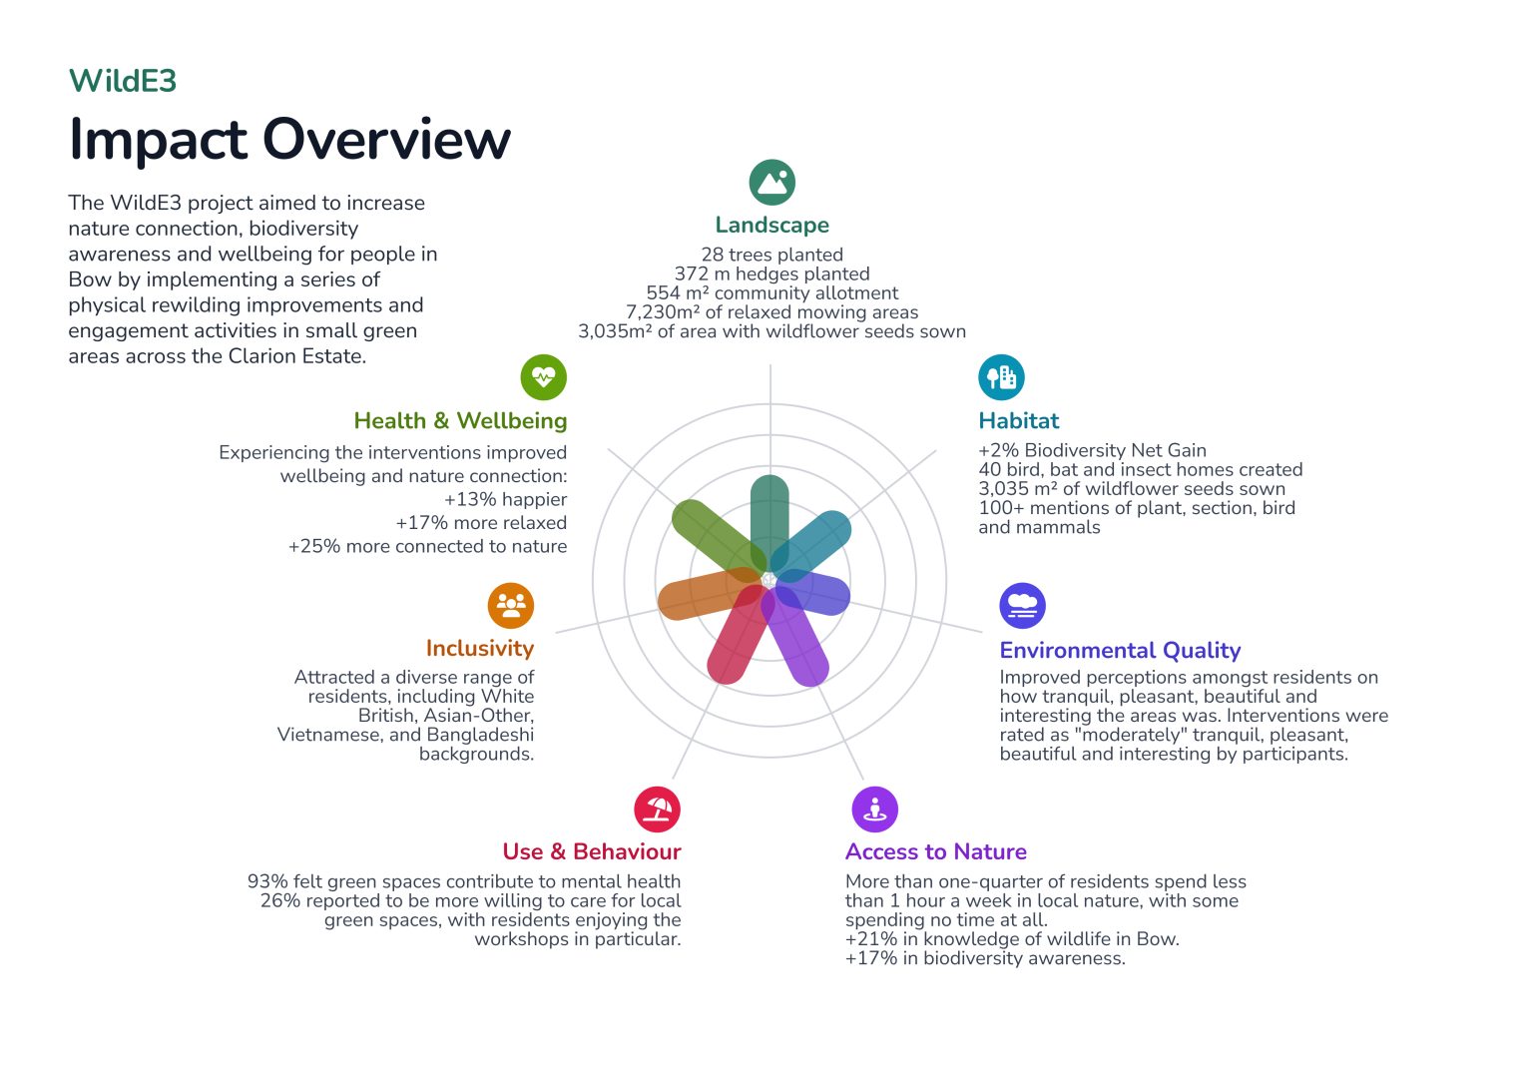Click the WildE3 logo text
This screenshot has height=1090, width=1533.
pos(122,81)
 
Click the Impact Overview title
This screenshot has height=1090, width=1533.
pos(289,139)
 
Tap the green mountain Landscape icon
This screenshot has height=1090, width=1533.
pos(771,183)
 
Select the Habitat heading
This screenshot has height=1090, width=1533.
pos(1018,421)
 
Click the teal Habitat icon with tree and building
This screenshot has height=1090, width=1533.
pos(1001,377)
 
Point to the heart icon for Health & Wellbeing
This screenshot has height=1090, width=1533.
pos(543,377)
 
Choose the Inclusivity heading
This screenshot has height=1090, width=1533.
pos(479,649)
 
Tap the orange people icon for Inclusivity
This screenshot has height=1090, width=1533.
pos(511,605)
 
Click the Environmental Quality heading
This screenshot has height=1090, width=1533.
pos(1120,651)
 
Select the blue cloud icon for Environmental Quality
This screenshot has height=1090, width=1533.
pos(1022,606)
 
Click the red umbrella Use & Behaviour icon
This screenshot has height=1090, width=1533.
pos(657,809)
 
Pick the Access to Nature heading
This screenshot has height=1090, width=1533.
pos(935,852)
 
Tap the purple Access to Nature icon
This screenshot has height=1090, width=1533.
pos(874,809)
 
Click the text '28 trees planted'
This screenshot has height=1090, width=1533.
pos(771,255)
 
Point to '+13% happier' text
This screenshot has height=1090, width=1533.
pos(505,499)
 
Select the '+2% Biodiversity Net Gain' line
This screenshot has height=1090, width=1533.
pos(1092,450)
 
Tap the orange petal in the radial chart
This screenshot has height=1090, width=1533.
pos(699,597)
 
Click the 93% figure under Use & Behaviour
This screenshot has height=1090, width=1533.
pos(267,881)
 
